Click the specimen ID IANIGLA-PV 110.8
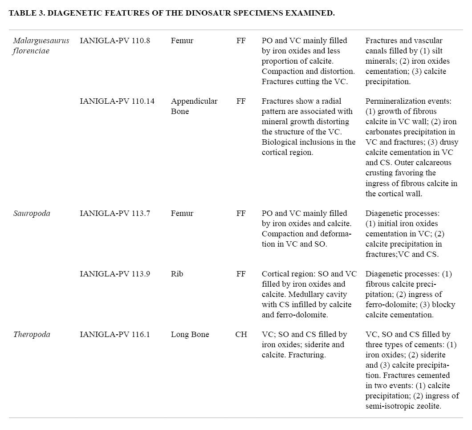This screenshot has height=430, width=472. [x=115, y=41]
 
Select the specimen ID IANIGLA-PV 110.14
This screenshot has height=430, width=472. [x=117, y=101]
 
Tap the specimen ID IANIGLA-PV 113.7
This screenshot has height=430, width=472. [x=115, y=213]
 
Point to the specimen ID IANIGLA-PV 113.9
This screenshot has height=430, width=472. [x=115, y=274]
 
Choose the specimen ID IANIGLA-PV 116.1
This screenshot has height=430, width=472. [x=115, y=334]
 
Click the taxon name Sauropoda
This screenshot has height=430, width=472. [x=32, y=213]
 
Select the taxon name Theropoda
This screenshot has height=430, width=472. [x=31, y=334]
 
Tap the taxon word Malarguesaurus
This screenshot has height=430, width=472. [x=41, y=41]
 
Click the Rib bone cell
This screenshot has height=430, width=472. [x=177, y=274]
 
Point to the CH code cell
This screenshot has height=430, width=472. [x=241, y=334]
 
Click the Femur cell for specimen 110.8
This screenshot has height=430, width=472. [x=182, y=41]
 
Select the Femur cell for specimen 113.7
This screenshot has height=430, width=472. [x=182, y=213]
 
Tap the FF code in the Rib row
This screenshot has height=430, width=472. [x=241, y=274]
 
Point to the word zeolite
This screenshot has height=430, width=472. [x=426, y=406]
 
